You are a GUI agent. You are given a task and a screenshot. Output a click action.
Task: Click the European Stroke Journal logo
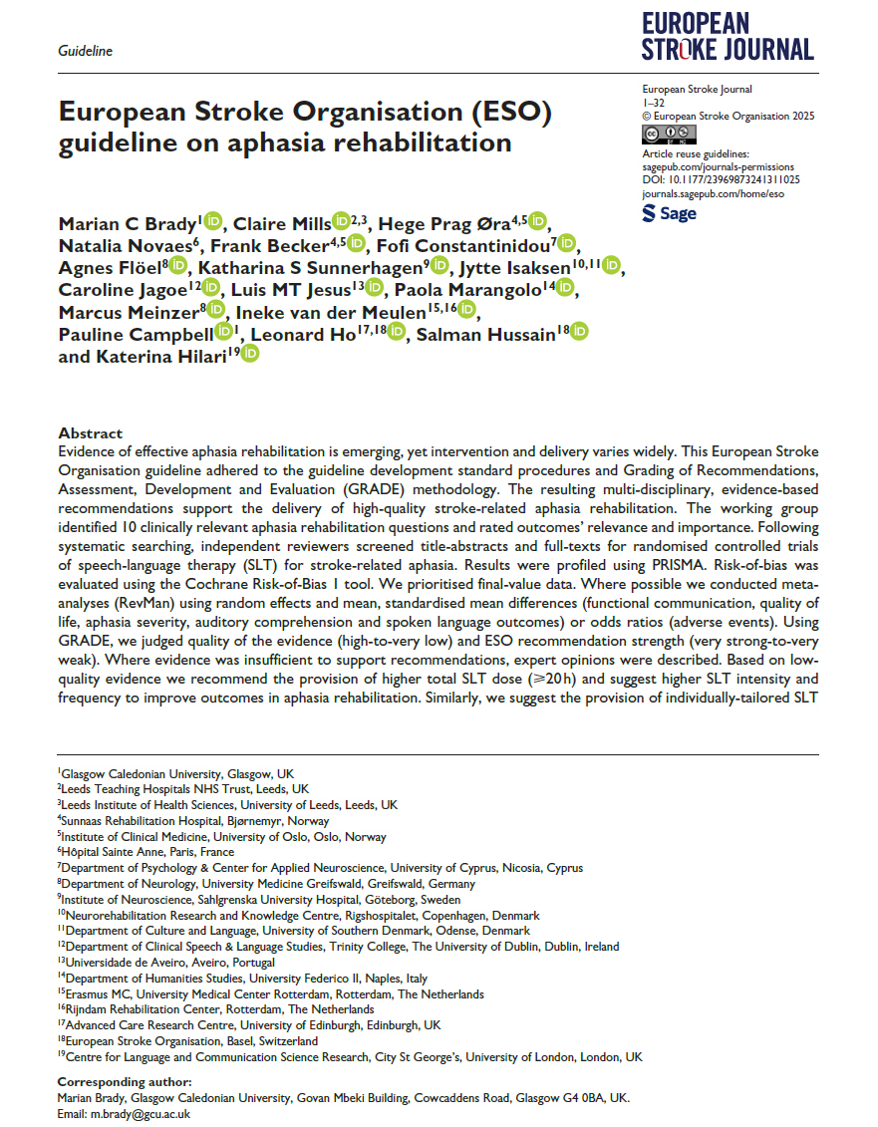pyautogui.click(x=728, y=37)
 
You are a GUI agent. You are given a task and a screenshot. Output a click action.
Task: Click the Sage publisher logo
pyautogui.click(x=670, y=213)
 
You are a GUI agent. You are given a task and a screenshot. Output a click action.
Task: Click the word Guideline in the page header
pyautogui.click(x=85, y=51)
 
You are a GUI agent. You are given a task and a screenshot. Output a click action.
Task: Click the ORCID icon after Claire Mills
pyautogui.click(x=341, y=221)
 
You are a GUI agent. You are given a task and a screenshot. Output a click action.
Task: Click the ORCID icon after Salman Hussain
pyautogui.click(x=579, y=332)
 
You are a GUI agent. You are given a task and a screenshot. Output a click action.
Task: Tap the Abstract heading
pyautogui.click(x=91, y=433)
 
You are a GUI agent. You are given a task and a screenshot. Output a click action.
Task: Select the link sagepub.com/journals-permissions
pyautogui.click(x=717, y=167)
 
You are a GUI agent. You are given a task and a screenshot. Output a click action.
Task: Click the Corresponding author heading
pyautogui.click(x=125, y=1082)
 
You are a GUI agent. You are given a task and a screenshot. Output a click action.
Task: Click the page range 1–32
pyautogui.click(x=655, y=103)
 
